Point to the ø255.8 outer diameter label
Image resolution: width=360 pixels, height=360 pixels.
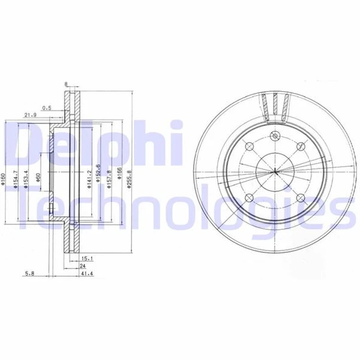[131, 179]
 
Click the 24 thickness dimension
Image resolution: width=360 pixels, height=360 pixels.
[83, 266]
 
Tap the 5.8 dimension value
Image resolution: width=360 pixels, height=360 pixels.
[29, 275]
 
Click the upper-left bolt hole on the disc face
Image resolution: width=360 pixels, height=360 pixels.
[249, 146]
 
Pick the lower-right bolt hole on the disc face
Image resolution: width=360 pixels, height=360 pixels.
[301, 198]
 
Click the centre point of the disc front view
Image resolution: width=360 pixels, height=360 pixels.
[275, 172]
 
